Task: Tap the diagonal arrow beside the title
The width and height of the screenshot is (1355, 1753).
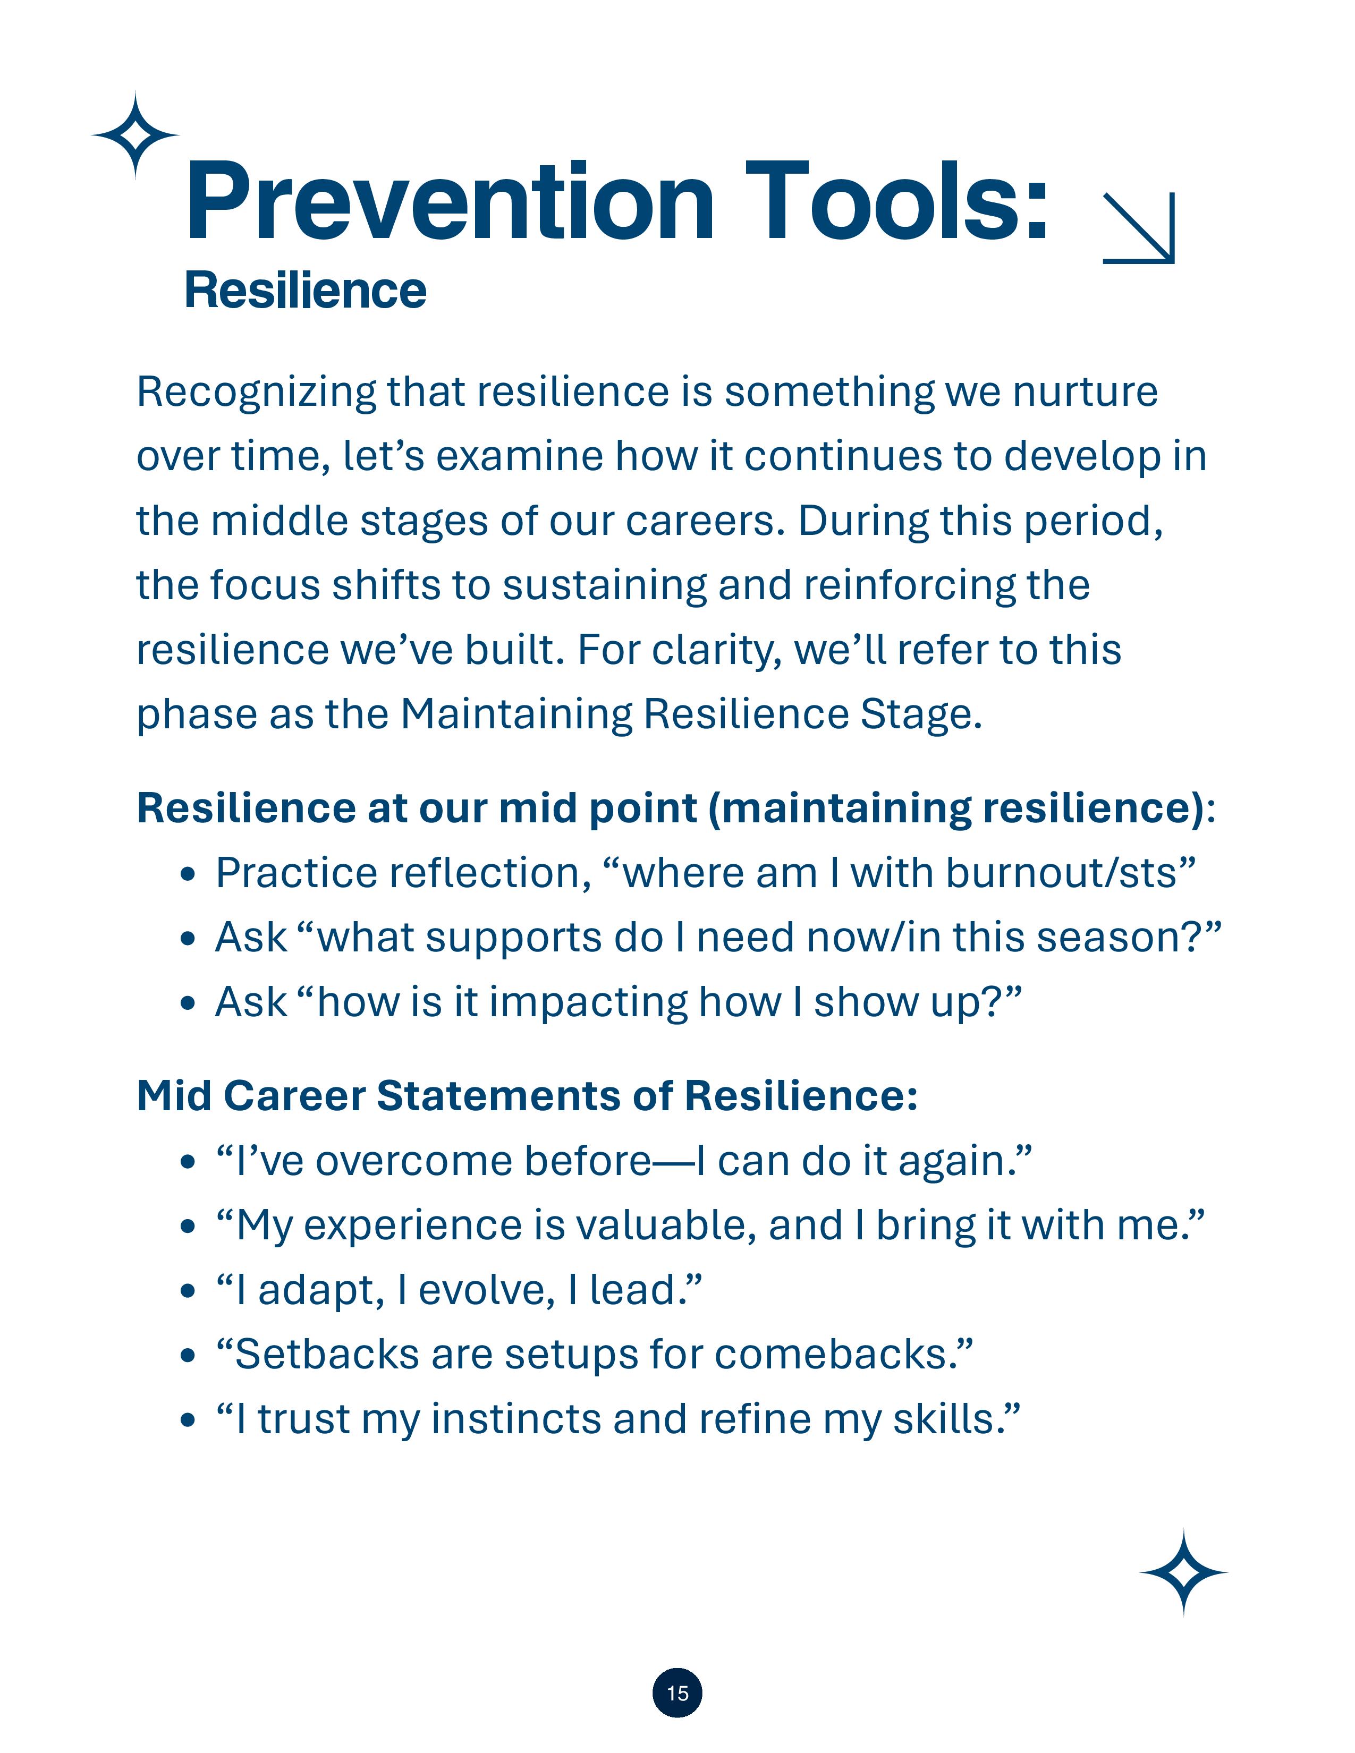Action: pyautogui.click(x=1138, y=228)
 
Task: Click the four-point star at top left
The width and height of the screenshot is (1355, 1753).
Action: pyautogui.click(x=135, y=135)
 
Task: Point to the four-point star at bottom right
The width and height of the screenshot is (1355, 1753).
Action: pyautogui.click(x=1183, y=1572)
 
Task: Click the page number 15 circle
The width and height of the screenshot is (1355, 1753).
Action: pyautogui.click(x=676, y=1693)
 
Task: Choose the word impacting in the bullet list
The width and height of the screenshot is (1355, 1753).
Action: pyautogui.click(x=588, y=1002)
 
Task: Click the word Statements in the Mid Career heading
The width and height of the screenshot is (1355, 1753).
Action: pyautogui.click(x=498, y=1095)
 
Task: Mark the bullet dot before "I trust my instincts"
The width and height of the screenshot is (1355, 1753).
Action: pyautogui.click(x=188, y=1420)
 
